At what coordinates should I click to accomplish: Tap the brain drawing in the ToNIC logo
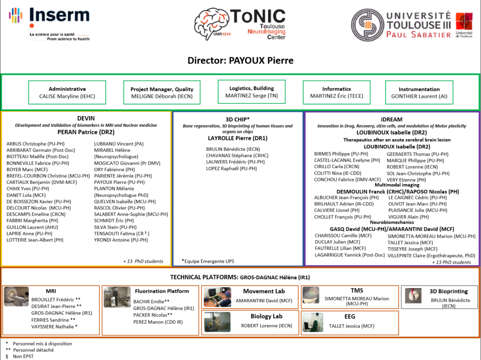point(212,23)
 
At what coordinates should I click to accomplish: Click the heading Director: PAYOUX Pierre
point(240,61)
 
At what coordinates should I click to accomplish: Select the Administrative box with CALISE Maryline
point(67,93)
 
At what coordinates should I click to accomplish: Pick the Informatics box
point(336,93)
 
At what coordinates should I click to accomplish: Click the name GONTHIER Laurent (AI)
point(419,96)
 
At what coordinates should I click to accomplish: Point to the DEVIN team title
point(86,118)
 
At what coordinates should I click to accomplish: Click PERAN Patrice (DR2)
point(86,133)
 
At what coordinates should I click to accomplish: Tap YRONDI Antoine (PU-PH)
point(121,240)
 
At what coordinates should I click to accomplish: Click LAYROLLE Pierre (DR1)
point(237,138)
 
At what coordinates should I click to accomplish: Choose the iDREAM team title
point(392,119)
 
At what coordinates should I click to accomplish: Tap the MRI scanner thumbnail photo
point(16,296)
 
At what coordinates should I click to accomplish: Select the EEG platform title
point(349,316)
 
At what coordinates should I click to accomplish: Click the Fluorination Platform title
point(162,291)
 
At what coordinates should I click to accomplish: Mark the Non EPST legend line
point(23,356)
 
